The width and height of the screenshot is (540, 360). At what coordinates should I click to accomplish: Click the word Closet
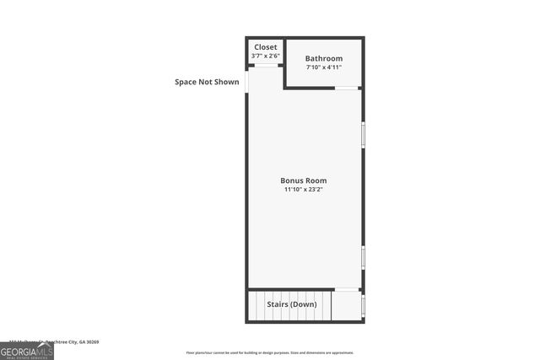[265, 47]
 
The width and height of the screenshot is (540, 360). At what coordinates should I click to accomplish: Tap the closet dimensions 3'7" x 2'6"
[265, 56]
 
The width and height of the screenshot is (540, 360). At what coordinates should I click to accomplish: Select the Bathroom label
[324, 58]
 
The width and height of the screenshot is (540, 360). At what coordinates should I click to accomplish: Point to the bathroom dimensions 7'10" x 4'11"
[324, 67]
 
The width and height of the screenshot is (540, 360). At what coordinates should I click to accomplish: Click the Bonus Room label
[304, 180]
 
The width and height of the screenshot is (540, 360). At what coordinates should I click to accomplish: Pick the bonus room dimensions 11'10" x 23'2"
[304, 190]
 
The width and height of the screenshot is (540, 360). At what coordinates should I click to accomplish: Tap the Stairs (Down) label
[292, 304]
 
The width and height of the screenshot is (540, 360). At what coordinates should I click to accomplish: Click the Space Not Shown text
[207, 82]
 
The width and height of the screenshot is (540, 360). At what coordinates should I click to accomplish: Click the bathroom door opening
[347, 88]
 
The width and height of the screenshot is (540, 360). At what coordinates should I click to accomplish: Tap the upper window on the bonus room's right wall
[363, 135]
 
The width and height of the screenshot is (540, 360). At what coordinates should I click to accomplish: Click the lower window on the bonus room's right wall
[363, 257]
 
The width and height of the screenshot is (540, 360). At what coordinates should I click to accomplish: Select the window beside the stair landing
[363, 305]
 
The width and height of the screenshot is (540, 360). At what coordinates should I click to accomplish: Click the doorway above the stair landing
[347, 290]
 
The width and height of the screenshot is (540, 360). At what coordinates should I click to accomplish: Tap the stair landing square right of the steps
[346, 305]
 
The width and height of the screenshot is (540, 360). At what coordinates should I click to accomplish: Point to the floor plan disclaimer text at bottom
[270, 352]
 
